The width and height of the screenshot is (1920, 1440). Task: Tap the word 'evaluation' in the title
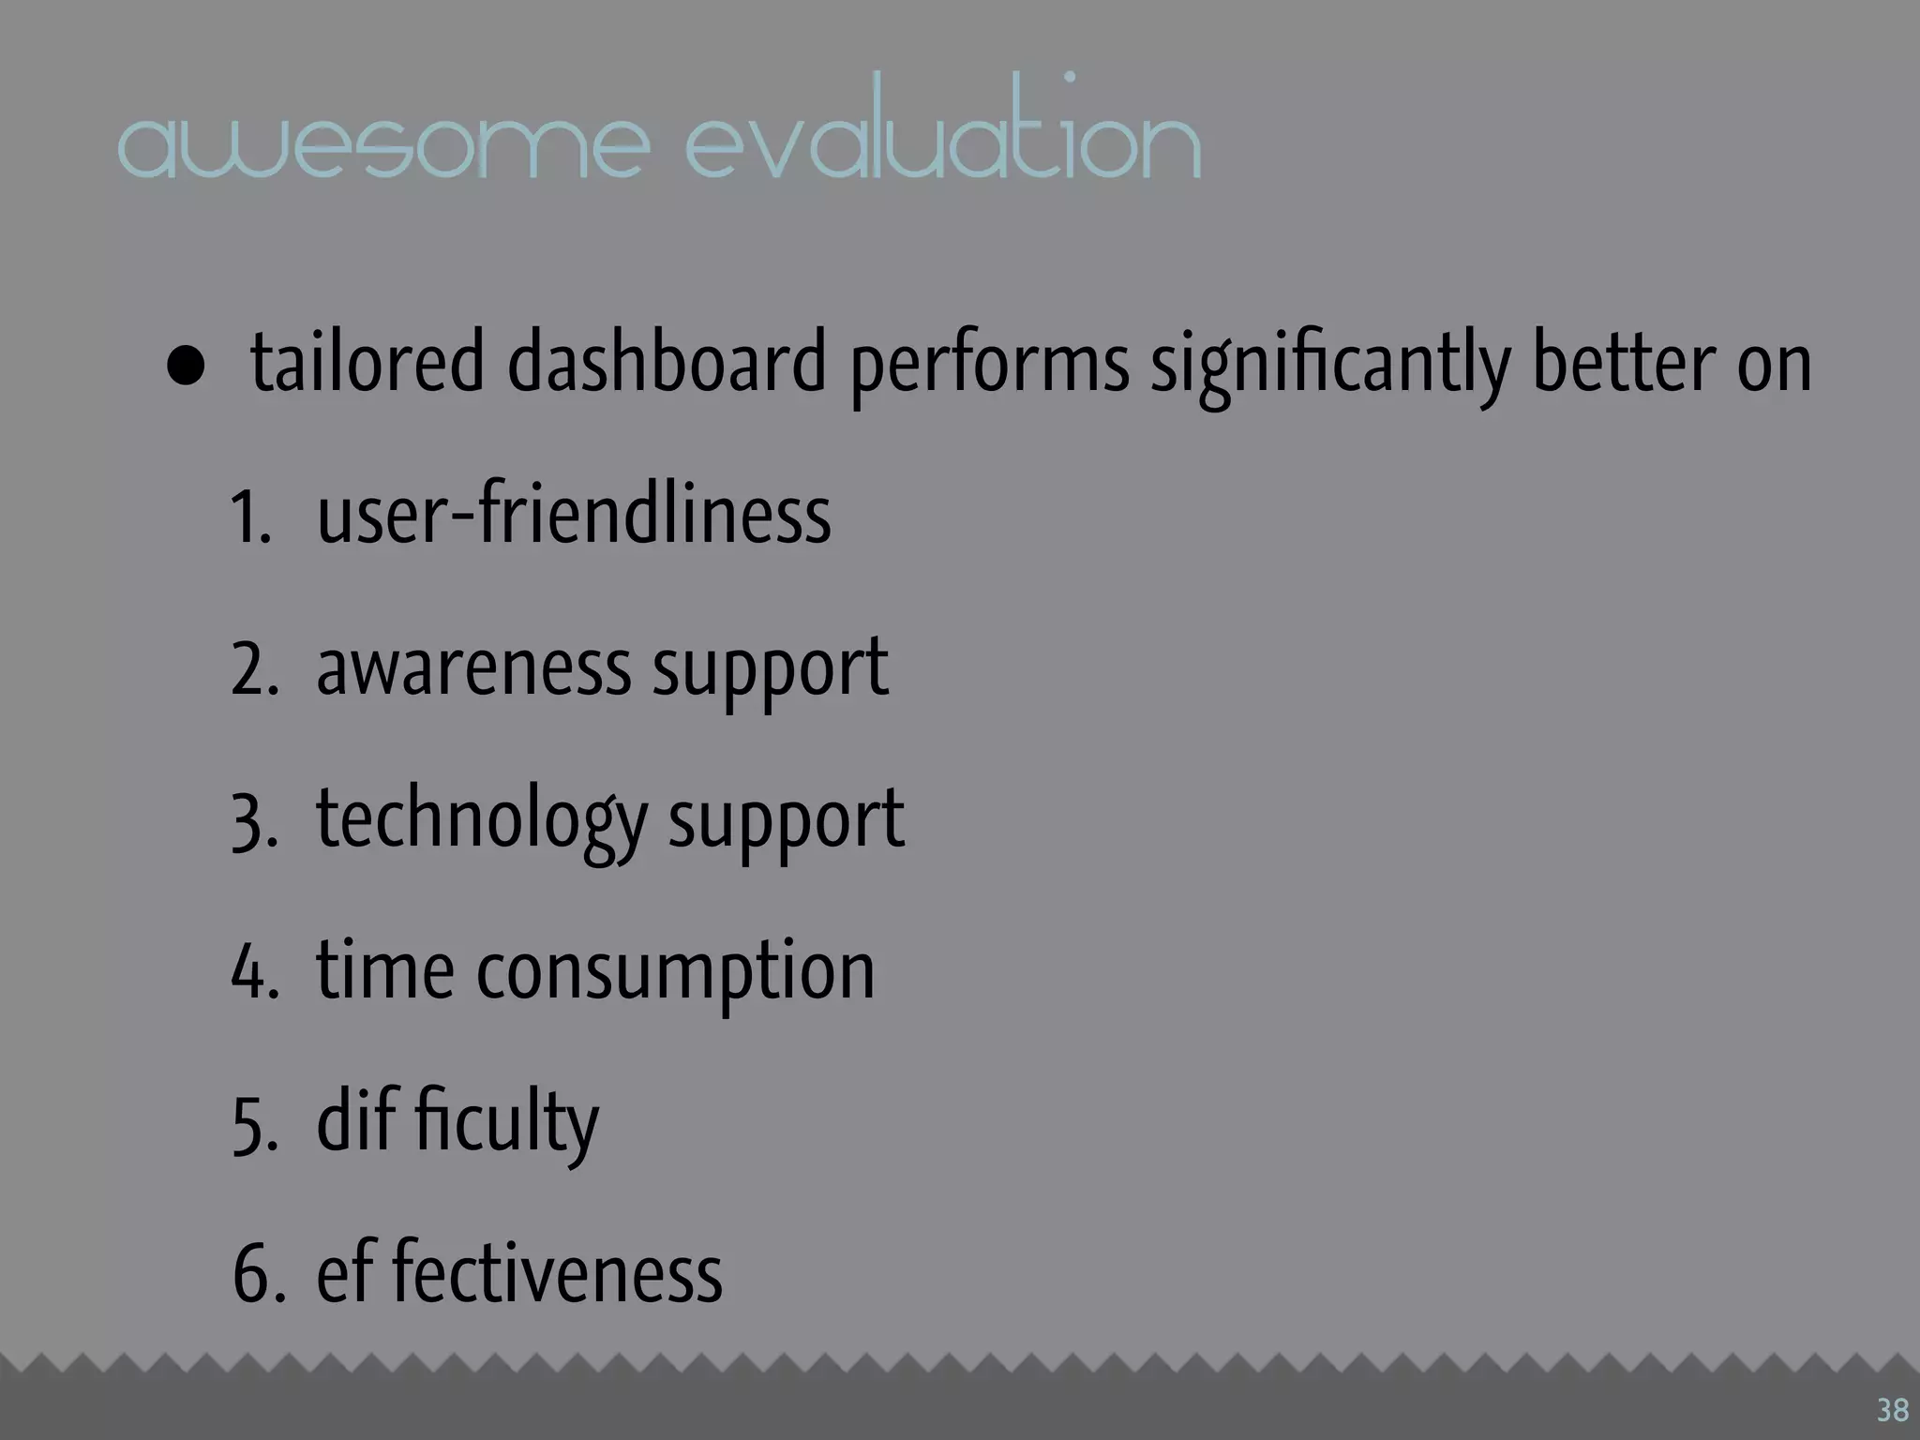tap(943, 131)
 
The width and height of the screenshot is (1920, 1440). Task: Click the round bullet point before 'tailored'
tap(186, 367)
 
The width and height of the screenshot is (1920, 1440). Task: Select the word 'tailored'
tap(367, 363)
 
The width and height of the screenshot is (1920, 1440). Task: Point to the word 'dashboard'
tap(667, 363)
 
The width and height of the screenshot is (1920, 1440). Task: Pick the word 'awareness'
tap(473, 668)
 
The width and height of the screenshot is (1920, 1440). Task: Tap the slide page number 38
tap(1892, 1410)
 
